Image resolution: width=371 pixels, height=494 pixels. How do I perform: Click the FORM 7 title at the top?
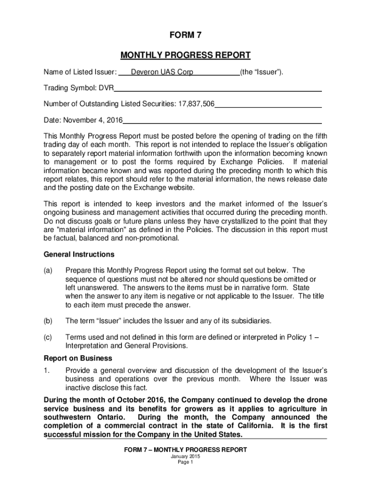[185, 35]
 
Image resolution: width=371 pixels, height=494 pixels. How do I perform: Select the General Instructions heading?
[79, 254]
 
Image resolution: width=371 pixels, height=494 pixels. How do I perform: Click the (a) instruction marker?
[48, 271]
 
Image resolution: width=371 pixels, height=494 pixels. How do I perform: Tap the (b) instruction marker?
[48, 321]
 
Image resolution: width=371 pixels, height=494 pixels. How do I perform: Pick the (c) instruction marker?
[48, 338]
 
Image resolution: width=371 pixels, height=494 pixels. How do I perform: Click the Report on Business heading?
[78, 358]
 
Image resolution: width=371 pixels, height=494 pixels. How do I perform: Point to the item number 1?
[46, 370]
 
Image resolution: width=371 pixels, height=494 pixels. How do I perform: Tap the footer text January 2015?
[185, 456]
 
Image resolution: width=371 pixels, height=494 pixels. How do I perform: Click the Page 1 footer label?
[185, 462]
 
